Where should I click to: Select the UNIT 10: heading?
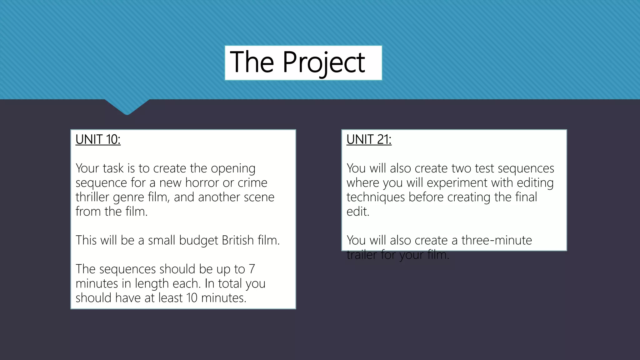[98, 139]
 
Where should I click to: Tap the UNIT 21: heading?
[369, 139]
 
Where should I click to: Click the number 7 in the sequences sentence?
[252, 269]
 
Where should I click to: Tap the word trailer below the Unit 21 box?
[362, 255]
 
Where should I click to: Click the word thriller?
[92, 197]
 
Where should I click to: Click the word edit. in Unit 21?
[358, 212]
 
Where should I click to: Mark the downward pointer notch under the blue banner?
[127, 108]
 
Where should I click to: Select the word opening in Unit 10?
[233, 169]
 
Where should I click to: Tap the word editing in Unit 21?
[535, 182]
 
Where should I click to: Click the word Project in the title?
[324, 62]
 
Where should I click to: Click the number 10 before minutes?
[192, 298]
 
